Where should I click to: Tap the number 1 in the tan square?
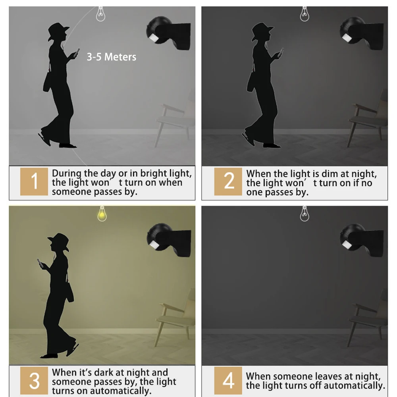[34, 181]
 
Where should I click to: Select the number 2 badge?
[228, 181]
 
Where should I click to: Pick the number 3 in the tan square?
[34, 381]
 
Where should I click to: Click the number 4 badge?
[228, 381]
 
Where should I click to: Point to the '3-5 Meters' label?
[112, 57]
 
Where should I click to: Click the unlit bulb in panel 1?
[100, 14]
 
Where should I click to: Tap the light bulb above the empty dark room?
[304, 214]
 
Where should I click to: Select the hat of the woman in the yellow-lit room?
[59, 241]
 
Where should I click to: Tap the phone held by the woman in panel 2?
[281, 52]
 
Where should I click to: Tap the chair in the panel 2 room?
[367, 118]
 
